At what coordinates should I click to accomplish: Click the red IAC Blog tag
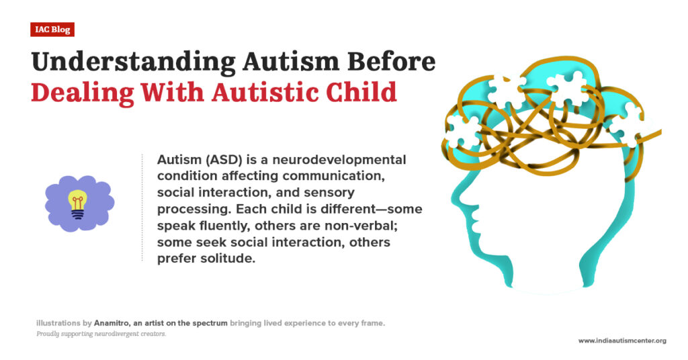(52, 30)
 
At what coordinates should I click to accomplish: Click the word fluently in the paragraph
(220, 226)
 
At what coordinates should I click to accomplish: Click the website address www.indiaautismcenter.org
(622, 341)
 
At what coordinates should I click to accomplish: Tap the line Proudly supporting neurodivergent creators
(101, 334)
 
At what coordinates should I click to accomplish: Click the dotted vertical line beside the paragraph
(142, 208)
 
